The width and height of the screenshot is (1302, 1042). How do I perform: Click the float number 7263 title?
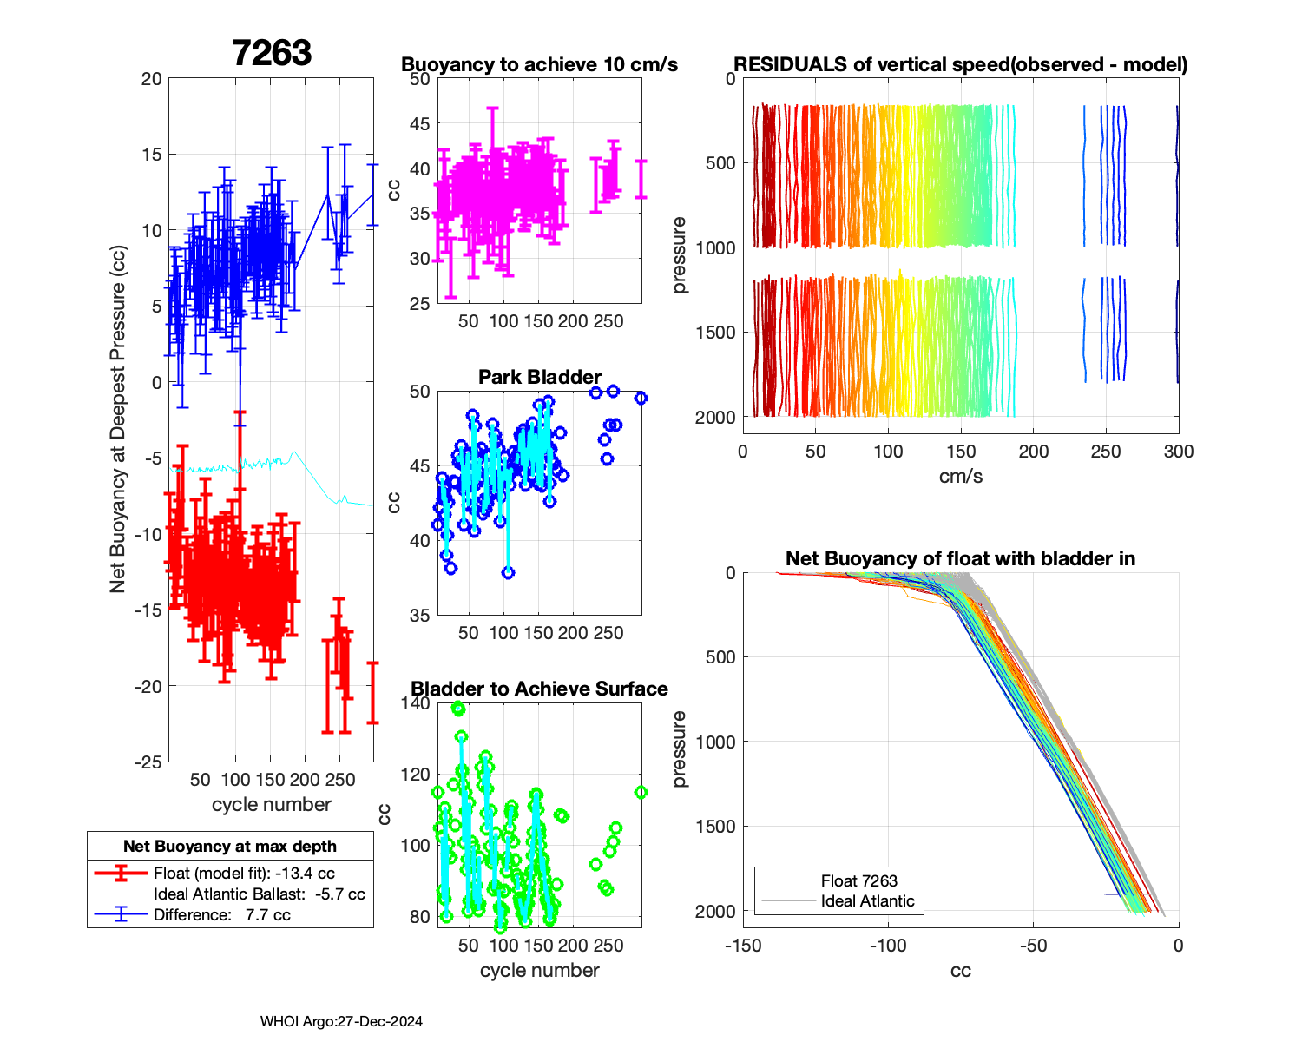pos(272,53)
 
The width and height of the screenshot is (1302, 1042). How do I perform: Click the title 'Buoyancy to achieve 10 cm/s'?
pos(539,64)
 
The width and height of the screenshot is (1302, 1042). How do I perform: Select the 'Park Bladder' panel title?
pos(539,377)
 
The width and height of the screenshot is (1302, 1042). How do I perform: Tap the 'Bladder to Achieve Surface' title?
pos(539,689)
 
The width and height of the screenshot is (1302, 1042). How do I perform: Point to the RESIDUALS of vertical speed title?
pos(960,64)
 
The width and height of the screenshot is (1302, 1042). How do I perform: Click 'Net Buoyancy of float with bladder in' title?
pos(960,558)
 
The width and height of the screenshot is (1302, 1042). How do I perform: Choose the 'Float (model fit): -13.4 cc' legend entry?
pos(244,874)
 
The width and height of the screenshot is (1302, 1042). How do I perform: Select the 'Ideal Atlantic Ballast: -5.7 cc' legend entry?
pos(259,894)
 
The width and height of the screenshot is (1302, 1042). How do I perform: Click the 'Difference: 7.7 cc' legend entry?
pos(221,914)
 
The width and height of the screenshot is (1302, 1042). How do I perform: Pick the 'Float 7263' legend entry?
pos(858,880)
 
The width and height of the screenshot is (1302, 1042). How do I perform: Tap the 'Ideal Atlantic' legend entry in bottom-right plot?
pos(867,901)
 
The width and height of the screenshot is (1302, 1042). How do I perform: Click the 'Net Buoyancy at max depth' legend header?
pos(230,846)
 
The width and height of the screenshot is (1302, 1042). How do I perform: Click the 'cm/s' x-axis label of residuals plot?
pos(960,476)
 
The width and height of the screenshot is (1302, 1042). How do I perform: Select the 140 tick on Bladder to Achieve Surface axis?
pos(416,703)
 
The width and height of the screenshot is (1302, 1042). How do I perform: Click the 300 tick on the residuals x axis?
pos(1178,451)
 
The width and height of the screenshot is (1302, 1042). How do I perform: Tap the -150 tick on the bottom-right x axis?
pos(743,945)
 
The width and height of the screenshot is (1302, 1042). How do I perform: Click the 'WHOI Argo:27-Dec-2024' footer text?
pos(341,1021)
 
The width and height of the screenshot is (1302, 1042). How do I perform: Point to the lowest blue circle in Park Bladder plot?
pos(509,573)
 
